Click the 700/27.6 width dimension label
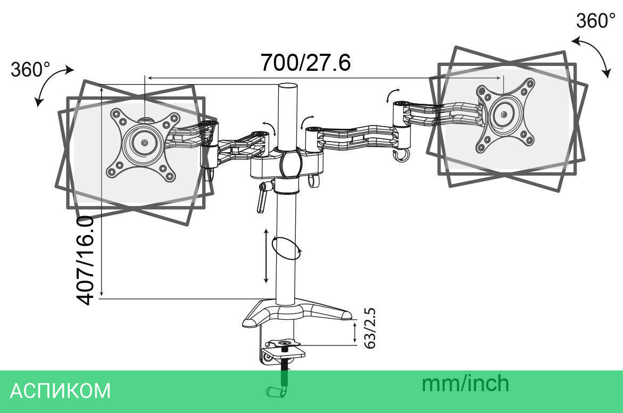coord(305,63)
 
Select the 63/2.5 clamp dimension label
coord(370,328)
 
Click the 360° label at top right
coord(595,21)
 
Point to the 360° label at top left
coord(30,69)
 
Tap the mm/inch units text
coord(465,383)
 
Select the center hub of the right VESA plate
coord(503,114)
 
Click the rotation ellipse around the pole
coord(286,248)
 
